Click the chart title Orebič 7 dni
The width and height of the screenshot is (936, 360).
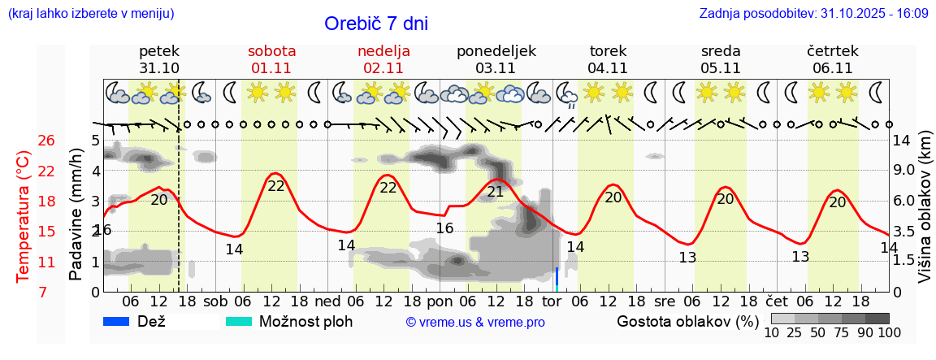pyautogui.click(x=375, y=24)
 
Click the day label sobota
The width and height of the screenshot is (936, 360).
pyautogui.click(x=271, y=50)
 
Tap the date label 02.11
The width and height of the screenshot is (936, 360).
pyautogui.click(x=383, y=68)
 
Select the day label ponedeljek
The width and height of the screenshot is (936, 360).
pyautogui.click(x=496, y=50)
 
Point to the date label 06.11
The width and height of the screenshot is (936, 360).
pyautogui.click(x=832, y=68)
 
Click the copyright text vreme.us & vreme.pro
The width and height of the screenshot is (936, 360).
pyautogui.click(x=475, y=323)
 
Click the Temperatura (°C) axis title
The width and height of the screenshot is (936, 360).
pyautogui.click(x=24, y=216)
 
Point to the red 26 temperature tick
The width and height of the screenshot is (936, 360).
pyautogui.click(x=46, y=141)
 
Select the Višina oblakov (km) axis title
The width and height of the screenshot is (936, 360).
pyautogui.click(x=924, y=215)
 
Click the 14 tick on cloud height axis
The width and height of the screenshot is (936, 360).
pyautogui.click(x=903, y=140)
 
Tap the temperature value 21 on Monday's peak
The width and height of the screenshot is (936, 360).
pyautogui.click(x=495, y=192)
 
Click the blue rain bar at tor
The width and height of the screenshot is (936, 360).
pyautogui.click(x=557, y=279)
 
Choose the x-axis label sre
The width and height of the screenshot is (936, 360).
pyautogui.click(x=665, y=301)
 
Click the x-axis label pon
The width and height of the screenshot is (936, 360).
pyautogui.click(x=440, y=301)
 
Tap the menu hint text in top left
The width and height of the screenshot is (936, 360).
pyautogui.click(x=90, y=14)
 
